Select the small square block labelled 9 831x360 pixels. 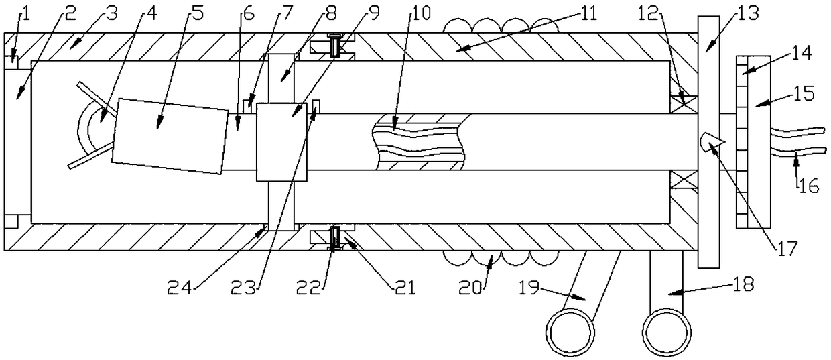[x=281, y=142]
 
